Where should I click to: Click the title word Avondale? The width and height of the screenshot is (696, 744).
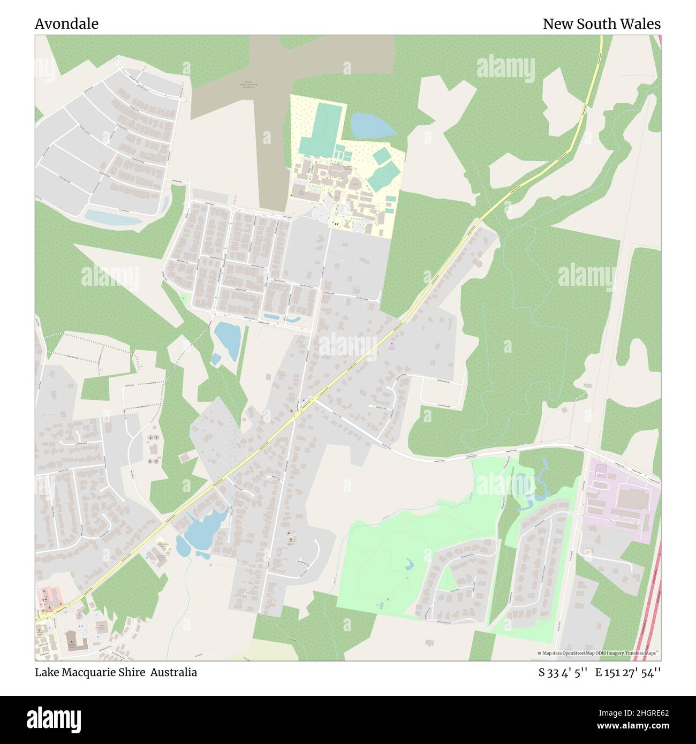pyautogui.click(x=66, y=24)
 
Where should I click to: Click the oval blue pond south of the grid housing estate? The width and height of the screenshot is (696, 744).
pyautogui.click(x=228, y=339)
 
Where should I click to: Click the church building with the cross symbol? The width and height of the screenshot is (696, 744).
pyautogui.click(x=72, y=639)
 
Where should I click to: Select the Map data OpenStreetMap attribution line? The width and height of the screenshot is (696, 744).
pyautogui.click(x=597, y=653)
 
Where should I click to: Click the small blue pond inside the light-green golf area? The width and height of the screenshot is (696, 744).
pyautogui.click(x=410, y=563)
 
